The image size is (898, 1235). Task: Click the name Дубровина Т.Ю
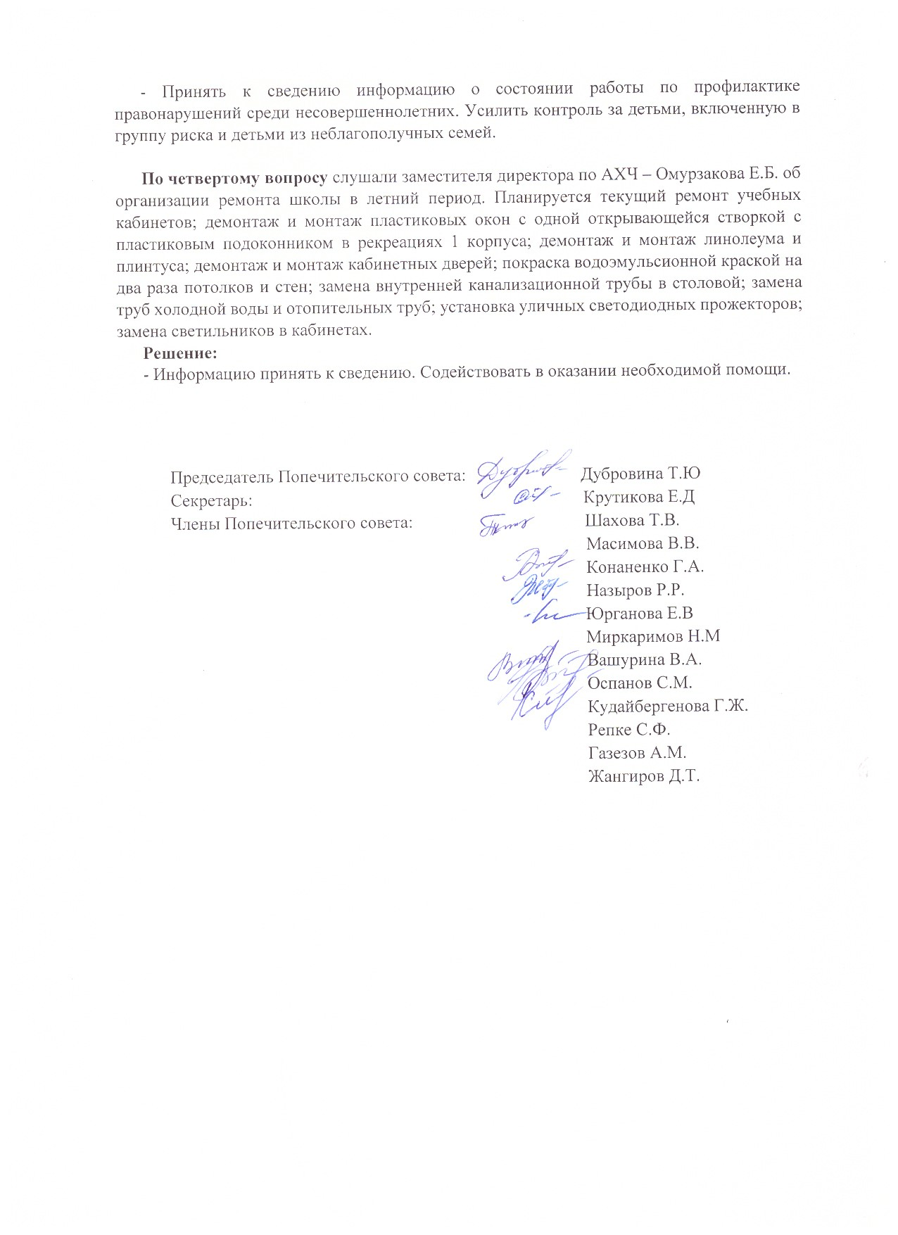(640, 474)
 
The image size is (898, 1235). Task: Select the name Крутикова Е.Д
(639, 497)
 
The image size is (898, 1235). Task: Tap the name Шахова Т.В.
(632, 520)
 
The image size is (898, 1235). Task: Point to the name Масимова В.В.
(643, 543)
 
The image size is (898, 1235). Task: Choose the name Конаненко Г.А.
(645, 566)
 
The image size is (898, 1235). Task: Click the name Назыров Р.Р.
(635, 590)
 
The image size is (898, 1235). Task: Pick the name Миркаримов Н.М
(654, 636)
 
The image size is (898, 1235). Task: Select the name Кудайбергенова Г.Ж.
(668, 706)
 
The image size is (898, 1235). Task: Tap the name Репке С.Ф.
(629, 729)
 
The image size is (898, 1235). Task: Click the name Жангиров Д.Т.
(644, 776)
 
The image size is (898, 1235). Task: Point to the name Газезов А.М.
(637, 753)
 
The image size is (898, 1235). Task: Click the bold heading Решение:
(180, 352)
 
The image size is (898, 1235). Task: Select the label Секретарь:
(211, 501)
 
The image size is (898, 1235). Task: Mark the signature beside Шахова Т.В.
(505, 524)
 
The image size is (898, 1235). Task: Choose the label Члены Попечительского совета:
(291, 524)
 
